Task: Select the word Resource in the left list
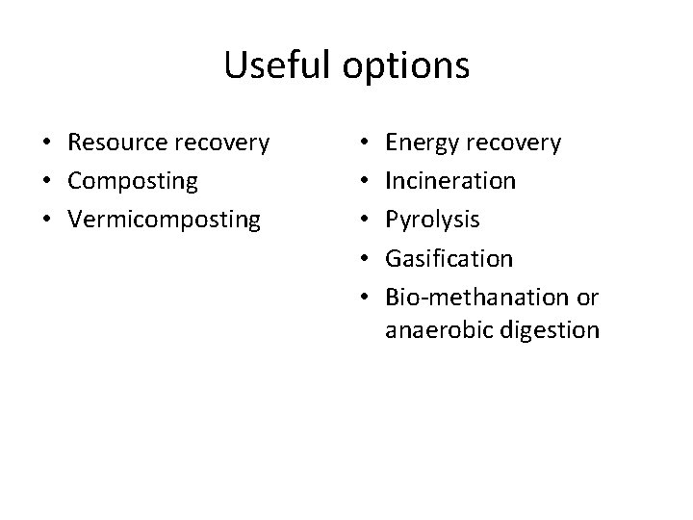116,143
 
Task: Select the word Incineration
449,181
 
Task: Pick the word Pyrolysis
432,220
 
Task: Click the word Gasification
449,257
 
